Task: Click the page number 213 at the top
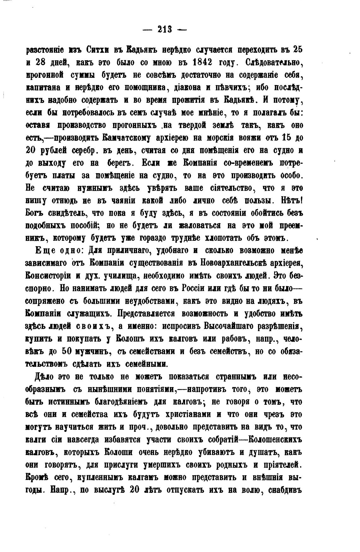click(164, 29)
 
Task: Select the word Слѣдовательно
click(274, 63)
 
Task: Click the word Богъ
click(34, 214)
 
